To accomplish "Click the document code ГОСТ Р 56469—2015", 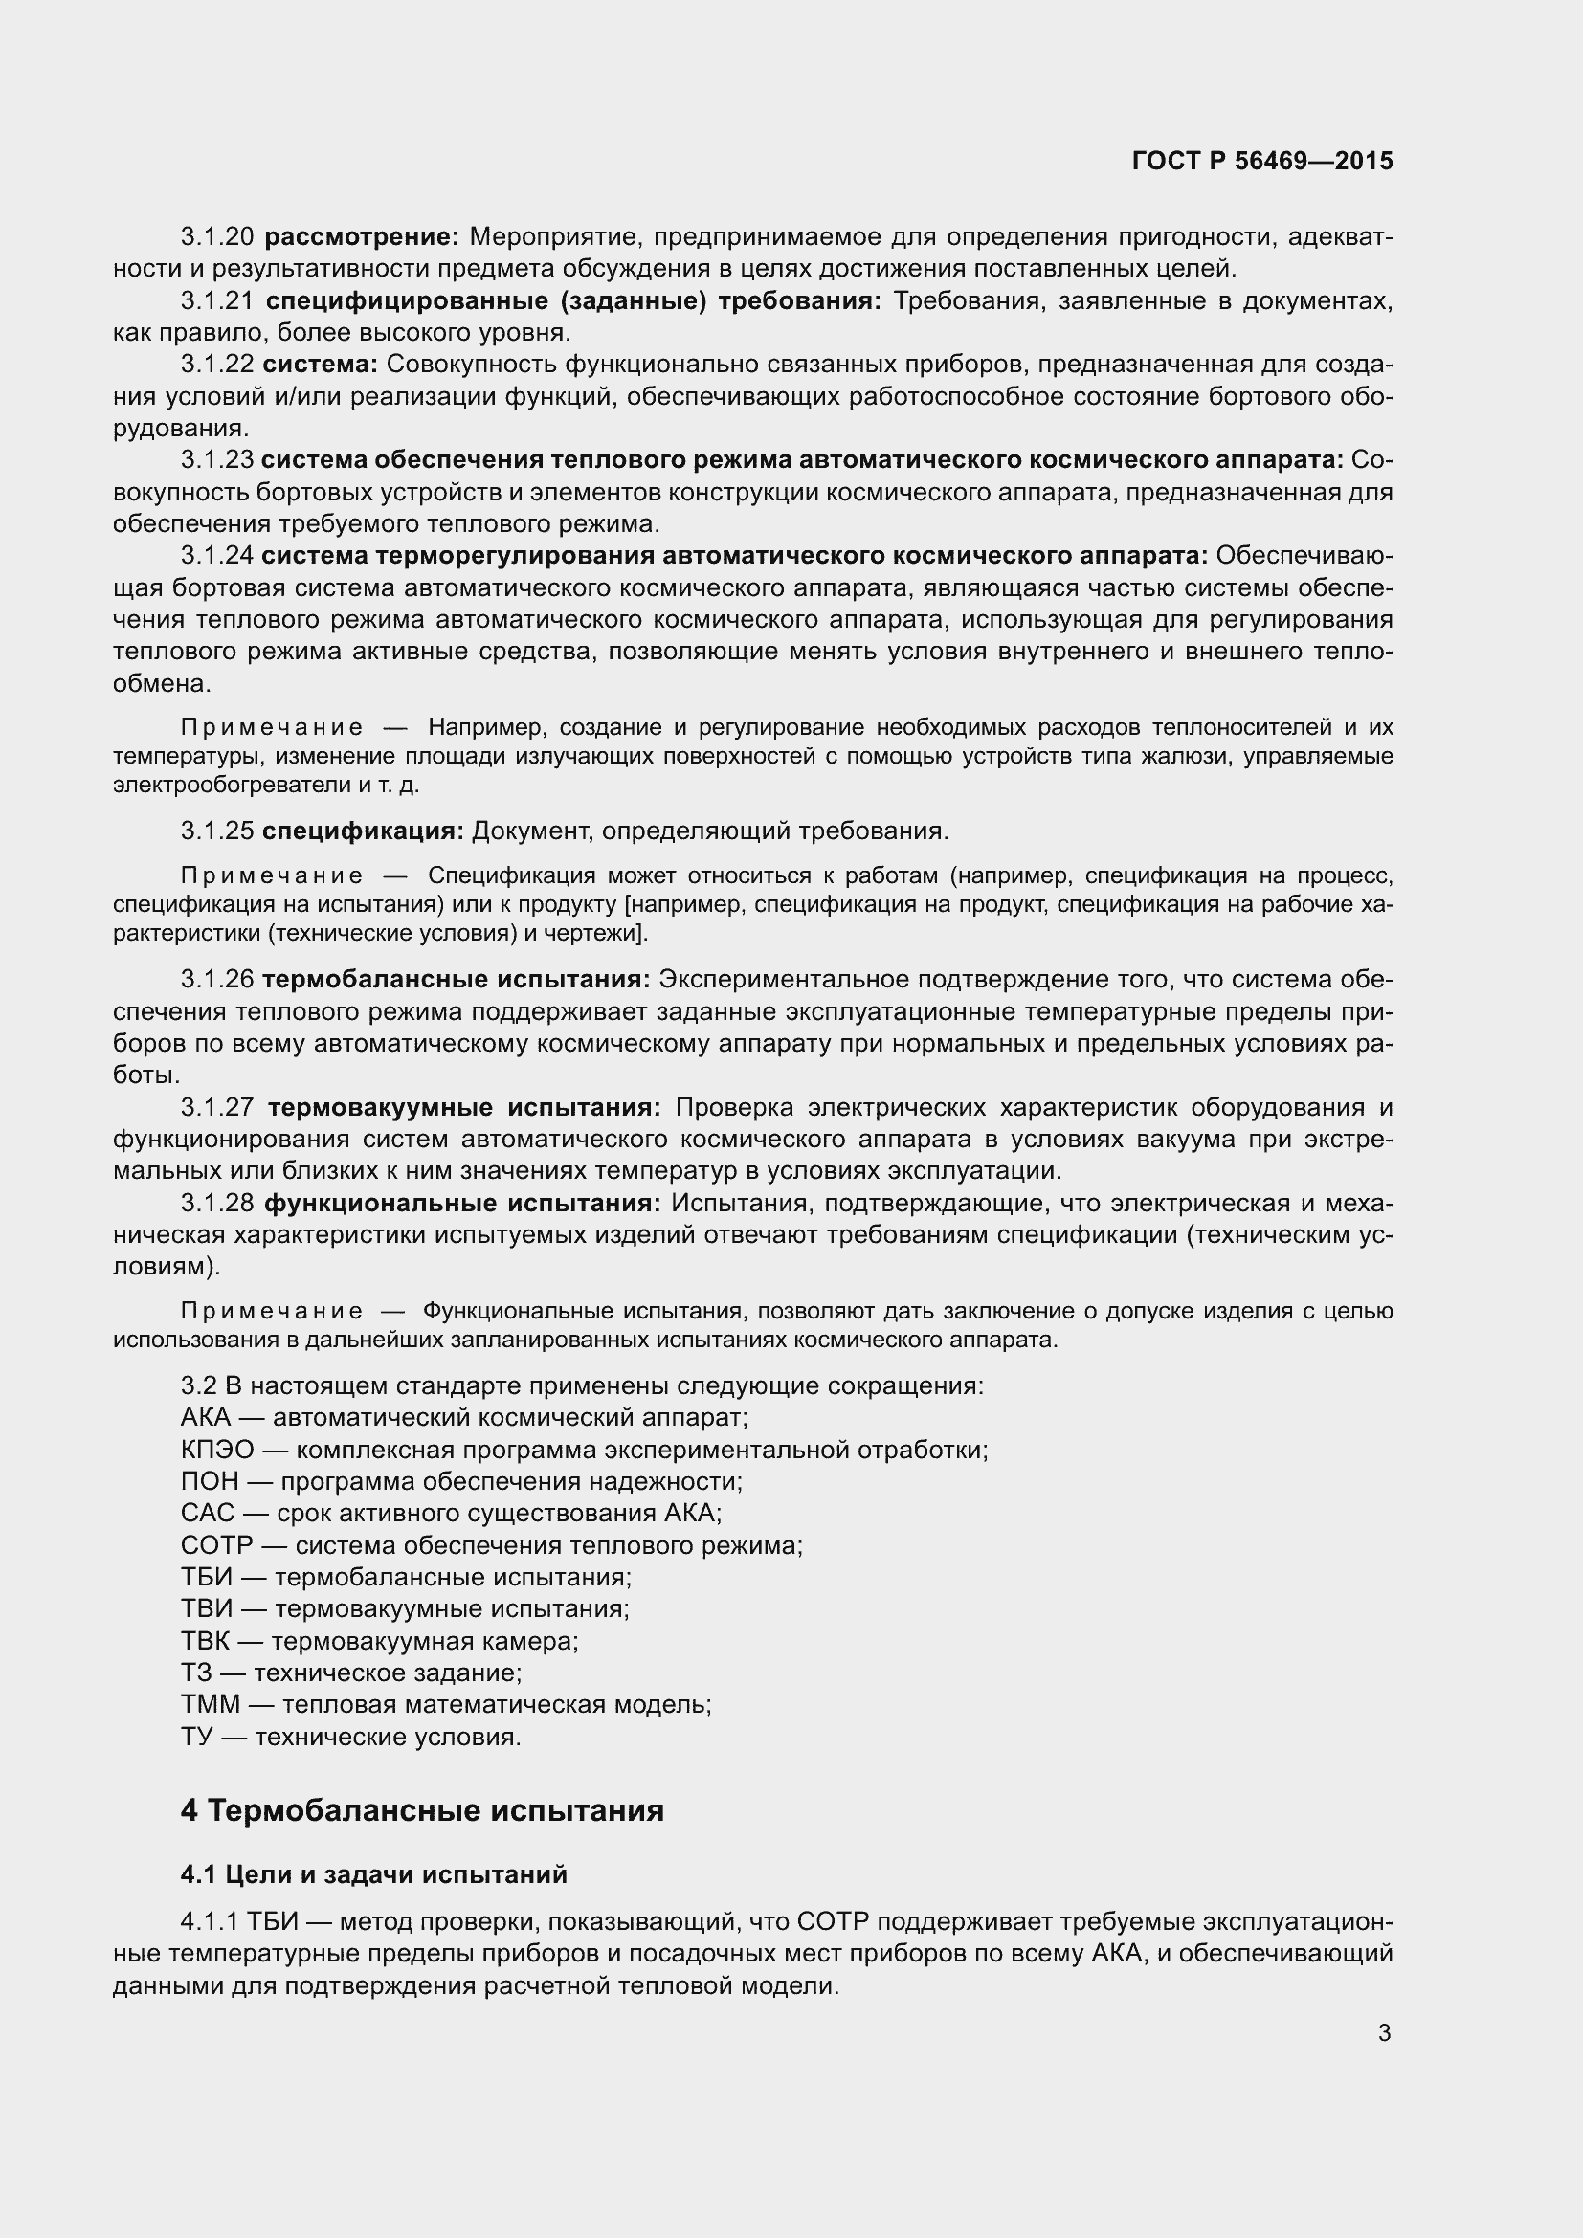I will coord(1262,161).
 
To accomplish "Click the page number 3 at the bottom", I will coord(1384,2033).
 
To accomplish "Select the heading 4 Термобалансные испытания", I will coord(422,1810).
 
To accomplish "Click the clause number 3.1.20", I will coord(217,237).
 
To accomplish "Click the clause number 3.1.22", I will coord(217,365).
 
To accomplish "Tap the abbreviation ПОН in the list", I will coord(210,1481).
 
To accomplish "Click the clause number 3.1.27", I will coord(217,1108).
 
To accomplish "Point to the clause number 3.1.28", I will coord(217,1204).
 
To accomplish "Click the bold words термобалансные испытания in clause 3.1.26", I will coord(457,980).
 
